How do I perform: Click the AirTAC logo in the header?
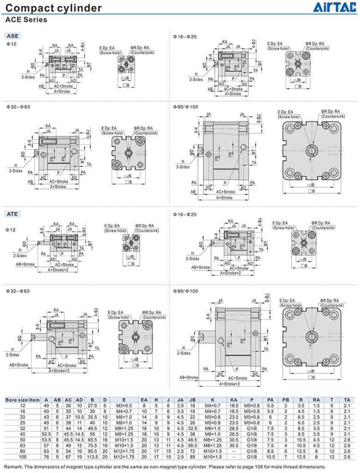(x=335, y=8)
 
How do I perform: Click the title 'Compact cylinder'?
(x=54, y=8)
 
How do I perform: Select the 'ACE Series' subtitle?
(x=26, y=20)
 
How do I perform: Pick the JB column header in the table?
(x=193, y=400)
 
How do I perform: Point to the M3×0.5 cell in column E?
(x=124, y=406)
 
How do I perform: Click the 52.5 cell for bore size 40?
(x=46, y=433)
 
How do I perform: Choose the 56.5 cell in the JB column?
(x=193, y=444)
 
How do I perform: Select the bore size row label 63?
(x=22, y=444)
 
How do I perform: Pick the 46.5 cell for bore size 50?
(x=193, y=439)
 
